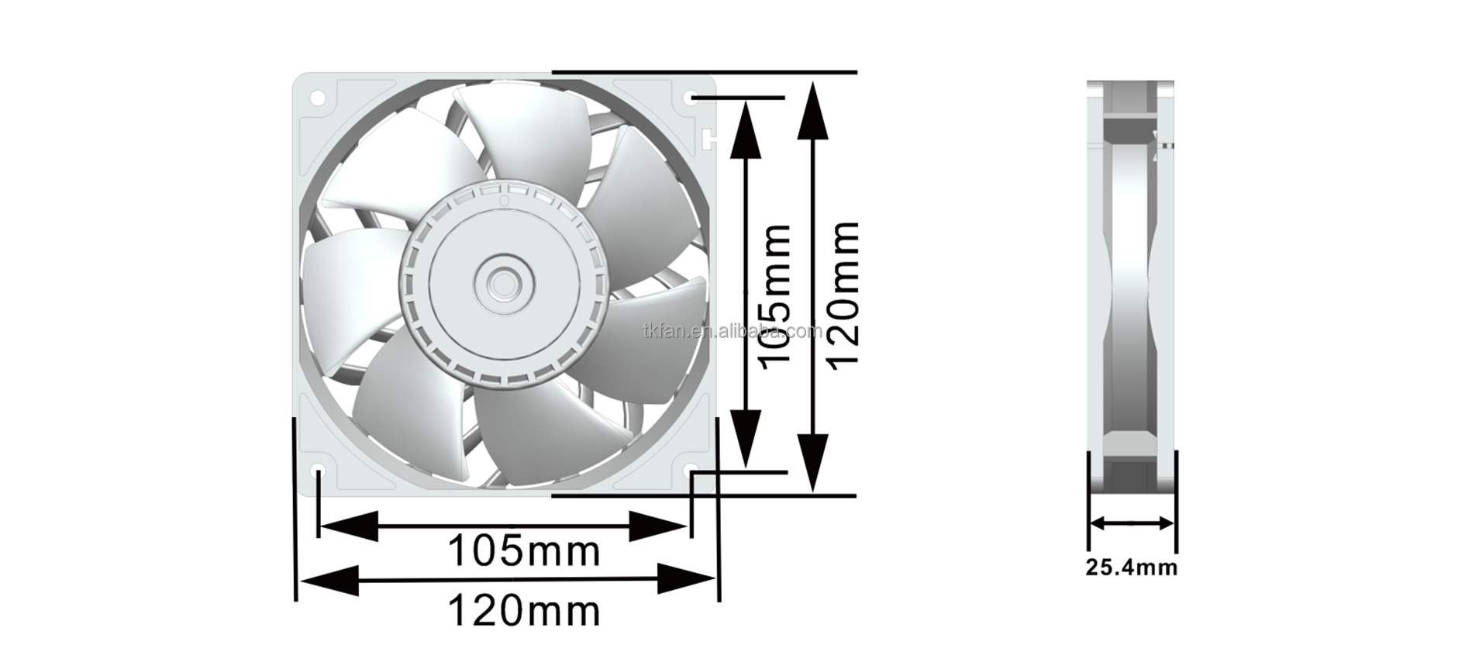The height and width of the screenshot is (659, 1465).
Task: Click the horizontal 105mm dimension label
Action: coord(524,552)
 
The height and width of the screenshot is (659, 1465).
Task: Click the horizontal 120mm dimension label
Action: coord(524,611)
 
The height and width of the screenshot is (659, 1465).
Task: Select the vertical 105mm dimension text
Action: coord(775,296)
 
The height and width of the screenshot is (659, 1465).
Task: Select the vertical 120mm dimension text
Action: coord(842,295)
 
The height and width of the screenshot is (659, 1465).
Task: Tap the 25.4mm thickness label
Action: coord(1131,568)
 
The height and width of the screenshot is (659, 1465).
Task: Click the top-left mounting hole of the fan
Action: coord(317,98)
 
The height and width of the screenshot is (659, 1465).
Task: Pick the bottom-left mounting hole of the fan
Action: coord(317,471)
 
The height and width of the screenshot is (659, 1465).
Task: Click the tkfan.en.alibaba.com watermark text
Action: coord(732,332)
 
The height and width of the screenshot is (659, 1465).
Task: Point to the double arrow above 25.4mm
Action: coord(1131,523)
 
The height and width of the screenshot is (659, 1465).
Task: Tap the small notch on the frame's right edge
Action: coord(708,139)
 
